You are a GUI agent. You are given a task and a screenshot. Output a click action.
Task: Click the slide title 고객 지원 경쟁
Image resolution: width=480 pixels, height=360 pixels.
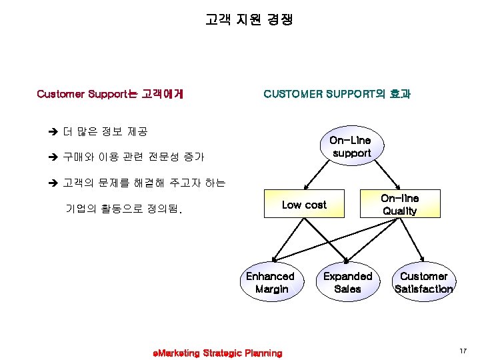248,20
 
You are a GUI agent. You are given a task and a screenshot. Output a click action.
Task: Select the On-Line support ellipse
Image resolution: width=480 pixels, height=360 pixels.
351,147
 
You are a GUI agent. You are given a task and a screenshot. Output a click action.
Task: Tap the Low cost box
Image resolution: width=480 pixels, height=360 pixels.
304,205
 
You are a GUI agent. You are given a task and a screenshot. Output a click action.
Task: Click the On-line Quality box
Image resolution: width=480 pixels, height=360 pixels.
400,204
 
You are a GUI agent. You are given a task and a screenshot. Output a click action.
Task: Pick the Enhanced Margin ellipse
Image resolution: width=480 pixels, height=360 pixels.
271,282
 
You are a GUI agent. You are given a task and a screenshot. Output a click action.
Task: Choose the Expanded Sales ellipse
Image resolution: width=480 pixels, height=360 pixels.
347,282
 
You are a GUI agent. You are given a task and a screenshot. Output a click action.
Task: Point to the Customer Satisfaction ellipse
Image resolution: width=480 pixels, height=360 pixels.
423,282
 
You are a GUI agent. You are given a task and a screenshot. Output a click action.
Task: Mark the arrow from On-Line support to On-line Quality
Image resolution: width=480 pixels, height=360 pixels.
383,175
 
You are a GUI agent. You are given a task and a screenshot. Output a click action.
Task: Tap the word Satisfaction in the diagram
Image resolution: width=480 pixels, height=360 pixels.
423,289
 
